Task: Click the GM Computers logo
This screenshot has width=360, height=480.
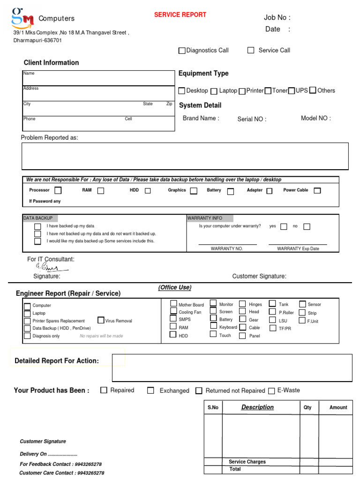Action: click(22, 17)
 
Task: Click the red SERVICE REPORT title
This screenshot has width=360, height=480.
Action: click(180, 15)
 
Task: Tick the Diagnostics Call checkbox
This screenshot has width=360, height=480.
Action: click(182, 51)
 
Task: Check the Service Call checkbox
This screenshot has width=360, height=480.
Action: click(251, 50)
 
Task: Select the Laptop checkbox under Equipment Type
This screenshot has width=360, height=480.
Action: click(214, 91)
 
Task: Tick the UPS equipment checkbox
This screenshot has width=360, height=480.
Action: click(292, 90)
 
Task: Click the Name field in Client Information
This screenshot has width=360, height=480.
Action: click(98, 78)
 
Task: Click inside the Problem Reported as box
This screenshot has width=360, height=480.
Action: click(185, 156)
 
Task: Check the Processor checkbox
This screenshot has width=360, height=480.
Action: click(58, 190)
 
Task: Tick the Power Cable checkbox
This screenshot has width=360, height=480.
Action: click(317, 190)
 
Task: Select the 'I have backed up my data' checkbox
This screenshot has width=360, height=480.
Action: click(37, 226)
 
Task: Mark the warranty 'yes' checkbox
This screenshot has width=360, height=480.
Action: click(284, 226)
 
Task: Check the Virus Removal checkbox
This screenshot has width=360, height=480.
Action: click(101, 320)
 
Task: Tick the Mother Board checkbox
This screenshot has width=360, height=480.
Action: click(173, 303)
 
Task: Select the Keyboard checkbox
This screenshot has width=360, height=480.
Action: click(214, 326)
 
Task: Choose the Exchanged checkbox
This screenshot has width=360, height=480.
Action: click(150, 390)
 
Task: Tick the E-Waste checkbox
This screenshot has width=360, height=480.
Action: click(272, 390)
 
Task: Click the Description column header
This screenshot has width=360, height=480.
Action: click(257, 407)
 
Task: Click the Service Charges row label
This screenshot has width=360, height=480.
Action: click(247, 462)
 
